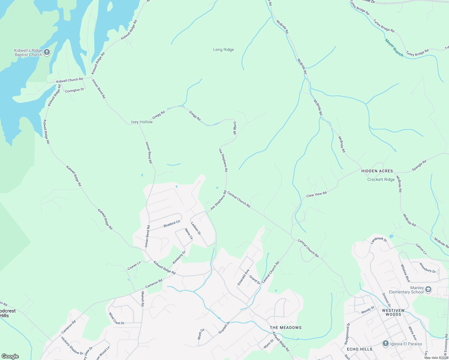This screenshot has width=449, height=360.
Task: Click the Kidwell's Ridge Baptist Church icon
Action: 47,52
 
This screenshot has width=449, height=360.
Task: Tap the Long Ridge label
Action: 223,50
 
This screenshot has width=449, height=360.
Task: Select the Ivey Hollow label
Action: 142,122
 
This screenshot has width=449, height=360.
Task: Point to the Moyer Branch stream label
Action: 394,48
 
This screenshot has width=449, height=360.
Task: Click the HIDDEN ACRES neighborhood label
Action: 377,171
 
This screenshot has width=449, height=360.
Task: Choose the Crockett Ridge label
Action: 381,179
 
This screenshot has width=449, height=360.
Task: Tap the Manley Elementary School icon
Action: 428,289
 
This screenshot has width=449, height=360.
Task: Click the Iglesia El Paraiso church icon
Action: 386,344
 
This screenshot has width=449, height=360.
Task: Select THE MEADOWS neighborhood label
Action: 285,328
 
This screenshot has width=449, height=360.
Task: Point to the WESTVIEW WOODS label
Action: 393,312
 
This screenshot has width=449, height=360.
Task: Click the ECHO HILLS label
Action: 359,349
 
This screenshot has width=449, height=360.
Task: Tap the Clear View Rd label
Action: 316,195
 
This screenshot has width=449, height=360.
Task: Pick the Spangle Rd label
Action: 419,166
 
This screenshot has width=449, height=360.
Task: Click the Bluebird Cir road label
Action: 172,224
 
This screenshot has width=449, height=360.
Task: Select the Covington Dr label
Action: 74,90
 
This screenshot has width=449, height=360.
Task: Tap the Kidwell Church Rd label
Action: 69,80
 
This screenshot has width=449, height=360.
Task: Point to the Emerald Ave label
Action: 243,277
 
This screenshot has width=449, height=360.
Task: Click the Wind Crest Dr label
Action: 116,319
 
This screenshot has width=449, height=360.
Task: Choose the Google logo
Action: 10,356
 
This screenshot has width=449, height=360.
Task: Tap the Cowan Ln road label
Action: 134,266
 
